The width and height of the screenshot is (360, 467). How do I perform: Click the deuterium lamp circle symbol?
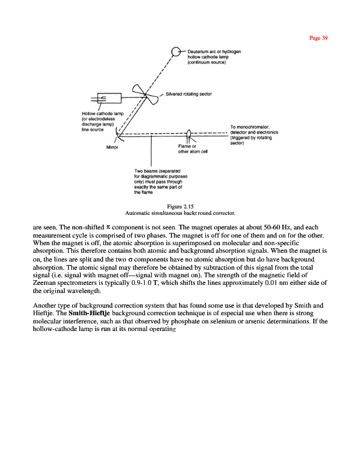pyautogui.click(x=177, y=52)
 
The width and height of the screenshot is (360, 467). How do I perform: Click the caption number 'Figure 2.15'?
pyautogui.click(x=180, y=207)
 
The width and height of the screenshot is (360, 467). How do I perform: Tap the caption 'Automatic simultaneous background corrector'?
pyautogui.click(x=180, y=214)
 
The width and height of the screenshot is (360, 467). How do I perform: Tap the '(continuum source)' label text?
pyautogui.click(x=208, y=62)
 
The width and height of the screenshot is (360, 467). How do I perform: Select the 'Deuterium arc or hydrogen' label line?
pyautogui.click(x=215, y=51)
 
